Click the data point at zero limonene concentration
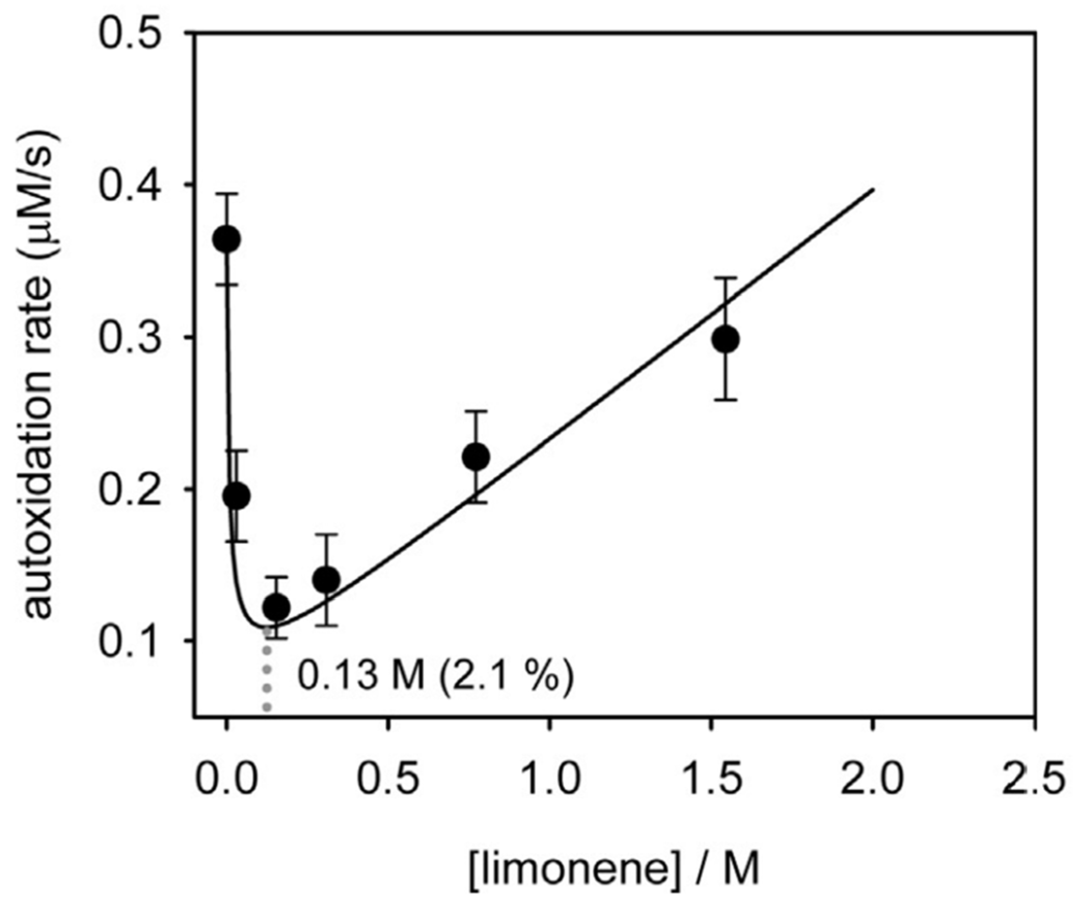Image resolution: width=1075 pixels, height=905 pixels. coord(226,239)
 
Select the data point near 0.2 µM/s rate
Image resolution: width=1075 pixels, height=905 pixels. coord(236,496)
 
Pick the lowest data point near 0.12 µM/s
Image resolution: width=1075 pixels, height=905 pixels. coord(276,606)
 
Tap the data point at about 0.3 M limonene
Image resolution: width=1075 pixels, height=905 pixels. coord(327,579)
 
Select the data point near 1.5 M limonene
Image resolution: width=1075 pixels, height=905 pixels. coord(725,340)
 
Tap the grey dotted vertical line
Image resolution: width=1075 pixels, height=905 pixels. coord(267,674)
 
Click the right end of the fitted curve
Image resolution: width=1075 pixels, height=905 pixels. coord(873,189)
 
